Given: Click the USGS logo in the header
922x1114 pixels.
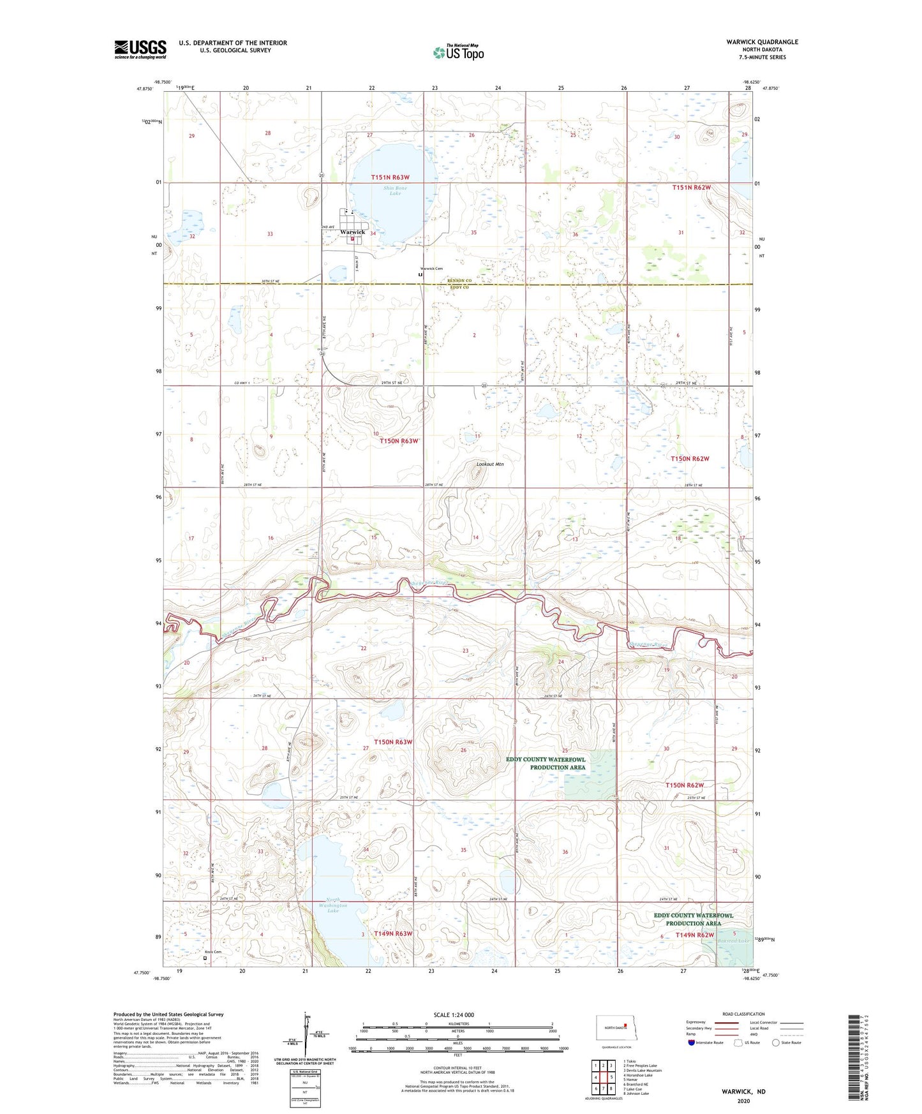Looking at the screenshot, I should [140, 49].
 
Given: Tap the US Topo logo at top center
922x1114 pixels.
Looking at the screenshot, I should [458, 52].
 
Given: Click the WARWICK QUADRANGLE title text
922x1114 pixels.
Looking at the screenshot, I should [762, 42].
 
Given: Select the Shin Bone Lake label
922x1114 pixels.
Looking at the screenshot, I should [395, 190].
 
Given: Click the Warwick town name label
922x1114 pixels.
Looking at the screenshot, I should [353, 232].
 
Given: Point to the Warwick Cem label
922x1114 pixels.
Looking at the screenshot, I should [431, 269].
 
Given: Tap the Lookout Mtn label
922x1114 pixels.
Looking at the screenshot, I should [490, 464].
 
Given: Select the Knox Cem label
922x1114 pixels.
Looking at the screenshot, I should [212, 952].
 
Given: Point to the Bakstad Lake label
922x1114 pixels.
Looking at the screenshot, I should [733, 940].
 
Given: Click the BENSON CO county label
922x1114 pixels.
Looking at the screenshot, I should [459, 281].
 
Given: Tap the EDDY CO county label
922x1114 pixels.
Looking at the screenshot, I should [459, 288].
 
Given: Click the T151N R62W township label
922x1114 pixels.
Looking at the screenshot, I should [691, 188].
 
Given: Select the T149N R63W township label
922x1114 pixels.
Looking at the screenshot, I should [393, 933].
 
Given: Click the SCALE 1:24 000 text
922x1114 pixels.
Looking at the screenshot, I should [454, 1014].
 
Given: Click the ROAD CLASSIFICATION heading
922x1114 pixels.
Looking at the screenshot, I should [743, 1014].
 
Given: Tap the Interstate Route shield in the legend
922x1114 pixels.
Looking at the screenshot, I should [692, 1043].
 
